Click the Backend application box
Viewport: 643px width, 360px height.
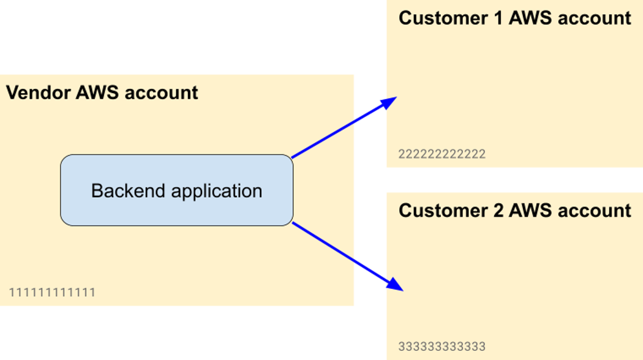176,190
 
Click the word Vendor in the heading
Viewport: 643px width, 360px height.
39,93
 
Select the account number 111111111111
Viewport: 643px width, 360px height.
52,292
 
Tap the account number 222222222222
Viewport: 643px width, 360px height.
442,154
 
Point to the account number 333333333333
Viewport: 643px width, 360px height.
442,347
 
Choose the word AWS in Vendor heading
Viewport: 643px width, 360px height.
97,93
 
